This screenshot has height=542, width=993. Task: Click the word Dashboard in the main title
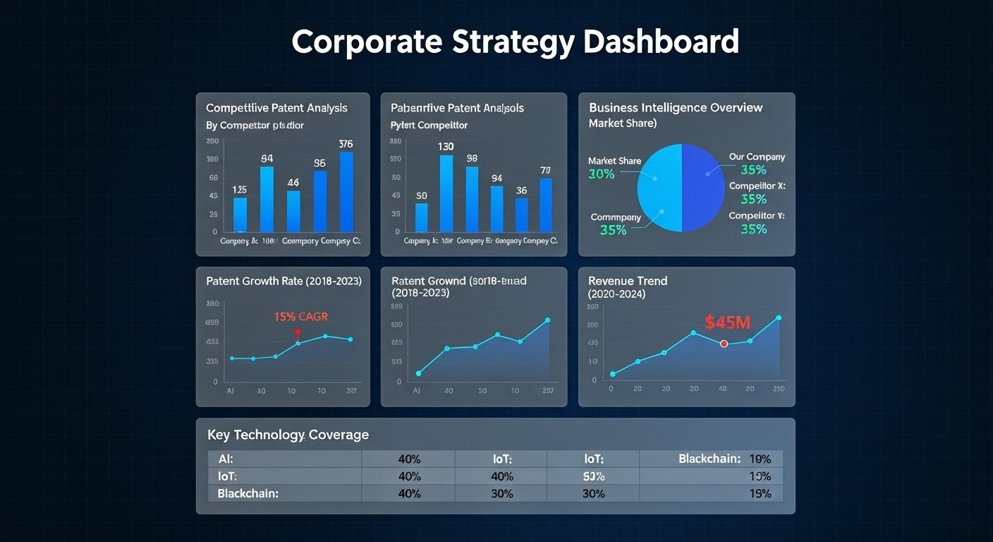pyautogui.click(x=661, y=42)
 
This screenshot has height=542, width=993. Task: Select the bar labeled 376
pyautogui.click(x=346, y=192)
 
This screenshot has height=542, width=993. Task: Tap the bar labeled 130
pyautogui.click(x=446, y=193)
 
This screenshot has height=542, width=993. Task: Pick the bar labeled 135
pyautogui.click(x=240, y=215)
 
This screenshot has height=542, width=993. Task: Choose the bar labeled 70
pyautogui.click(x=546, y=205)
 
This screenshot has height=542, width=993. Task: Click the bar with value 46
pyautogui.click(x=293, y=211)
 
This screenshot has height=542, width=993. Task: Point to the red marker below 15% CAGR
pyautogui.click(x=297, y=332)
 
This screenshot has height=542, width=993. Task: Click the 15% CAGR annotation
pyautogui.click(x=300, y=317)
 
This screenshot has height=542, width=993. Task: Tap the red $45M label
pyautogui.click(x=728, y=323)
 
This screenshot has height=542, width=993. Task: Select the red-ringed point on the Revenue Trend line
pyautogui.click(x=724, y=344)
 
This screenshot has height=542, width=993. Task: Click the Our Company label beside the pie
pyautogui.click(x=757, y=157)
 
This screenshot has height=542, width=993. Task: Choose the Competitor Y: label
pyautogui.click(x=757, y=215)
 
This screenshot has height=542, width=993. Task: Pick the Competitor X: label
pyautogui.click(x=757, y=186)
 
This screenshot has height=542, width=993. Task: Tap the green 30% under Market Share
pyautogui.click(x=601, y=174)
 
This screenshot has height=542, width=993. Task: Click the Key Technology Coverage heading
pyautogui.click(x=288, y=435)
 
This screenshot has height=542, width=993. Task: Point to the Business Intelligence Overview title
pyautogui.click(x=676, y=107)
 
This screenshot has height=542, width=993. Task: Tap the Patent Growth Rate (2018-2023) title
pyautogui.click(x=284, y=280)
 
